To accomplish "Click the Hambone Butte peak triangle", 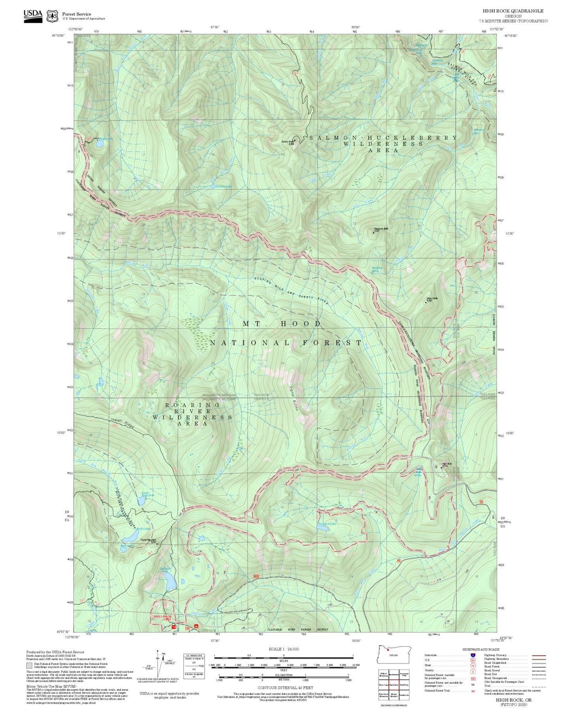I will pos(374,232).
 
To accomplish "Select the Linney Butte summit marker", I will pos(426,302).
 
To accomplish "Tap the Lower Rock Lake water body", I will pos(141,501).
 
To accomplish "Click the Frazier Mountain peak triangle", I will pos(157,543).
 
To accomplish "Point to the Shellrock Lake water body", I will pos(171,581).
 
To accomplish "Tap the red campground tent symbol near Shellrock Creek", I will pos(196,627).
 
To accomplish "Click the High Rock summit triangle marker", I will pos(441,467).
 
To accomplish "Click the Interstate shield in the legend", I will pos(473,655).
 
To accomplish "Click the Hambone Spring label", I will pos(377,270).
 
